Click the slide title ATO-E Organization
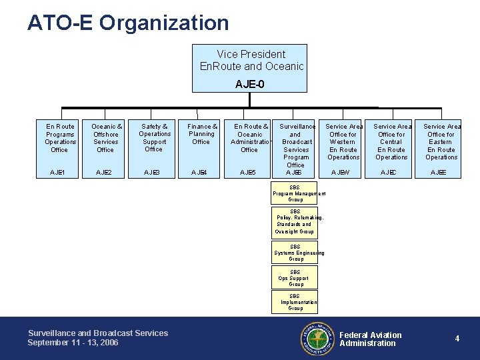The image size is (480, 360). point(128,23)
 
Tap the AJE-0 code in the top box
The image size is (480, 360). point(249,84)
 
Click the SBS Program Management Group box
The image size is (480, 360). point(295,193)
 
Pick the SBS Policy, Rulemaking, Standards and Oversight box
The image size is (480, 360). point(295,221)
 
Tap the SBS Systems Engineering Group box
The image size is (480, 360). point(295,253)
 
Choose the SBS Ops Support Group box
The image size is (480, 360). point(295,277)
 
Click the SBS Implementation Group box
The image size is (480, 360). point(295,302)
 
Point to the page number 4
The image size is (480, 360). point(457,339)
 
